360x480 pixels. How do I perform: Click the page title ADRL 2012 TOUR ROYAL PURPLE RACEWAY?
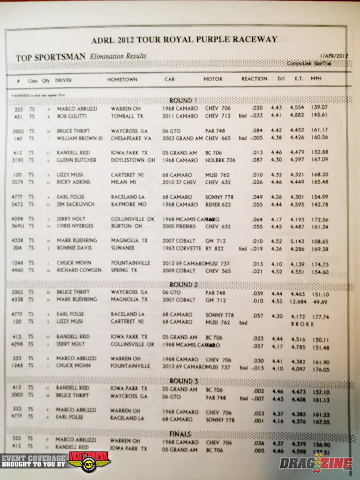point(184,39)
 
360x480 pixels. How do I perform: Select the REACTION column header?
point(254,79)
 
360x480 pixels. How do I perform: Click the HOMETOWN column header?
point(122,80)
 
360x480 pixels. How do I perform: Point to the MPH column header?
point(316,79)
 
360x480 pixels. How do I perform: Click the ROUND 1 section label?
point(183,100)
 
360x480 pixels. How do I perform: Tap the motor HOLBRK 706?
point(220,160)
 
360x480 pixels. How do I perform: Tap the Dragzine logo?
point(316,462)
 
